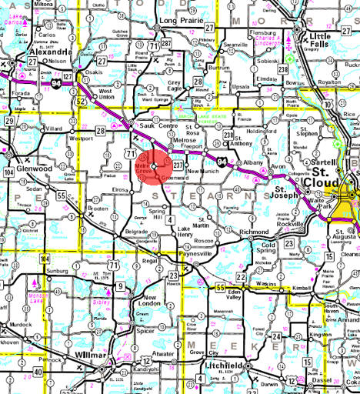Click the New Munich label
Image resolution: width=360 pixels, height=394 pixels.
click(x=204, y=171)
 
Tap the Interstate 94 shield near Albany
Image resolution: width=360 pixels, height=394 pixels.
click(x=222, y=161)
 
